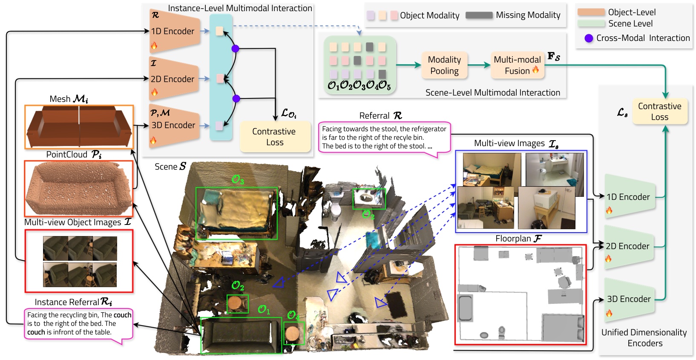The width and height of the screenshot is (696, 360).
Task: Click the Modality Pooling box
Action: pyautogui.click(x=444, y=65)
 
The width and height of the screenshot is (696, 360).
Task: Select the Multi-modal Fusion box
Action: pyautogui.click(x=517, y=65)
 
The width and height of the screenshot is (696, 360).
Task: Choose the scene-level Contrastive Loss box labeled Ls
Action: pyautogui.click(x=659, y=111)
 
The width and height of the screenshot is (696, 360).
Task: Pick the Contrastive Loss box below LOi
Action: pyautogui.click(x=275, y=137)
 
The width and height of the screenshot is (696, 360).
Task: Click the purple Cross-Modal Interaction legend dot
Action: pyautogui.click(x=589, y=38)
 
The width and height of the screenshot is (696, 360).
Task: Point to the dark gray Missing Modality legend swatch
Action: pyautogui.click(x=479, y=15)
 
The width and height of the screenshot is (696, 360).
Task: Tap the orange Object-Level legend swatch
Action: pyautogui.click(x=591, y=12)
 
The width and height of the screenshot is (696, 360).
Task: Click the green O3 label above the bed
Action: pyautogui.click(x=238, y=180)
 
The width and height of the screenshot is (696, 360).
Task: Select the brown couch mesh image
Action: pyautogui.click(x=79, y=127)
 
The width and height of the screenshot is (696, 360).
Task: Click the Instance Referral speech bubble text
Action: pyautogui.click(x=79, y=323)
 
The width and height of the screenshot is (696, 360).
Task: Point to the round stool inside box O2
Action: pyautogui.click(x=237, y=303)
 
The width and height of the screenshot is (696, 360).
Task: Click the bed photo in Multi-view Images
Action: pyautogui.click(x=492, y=170)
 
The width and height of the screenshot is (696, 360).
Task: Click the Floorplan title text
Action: pyautogui.click(x=518, y=239)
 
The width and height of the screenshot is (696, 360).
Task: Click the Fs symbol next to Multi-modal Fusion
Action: pyautogui.click(x=554, y=56)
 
